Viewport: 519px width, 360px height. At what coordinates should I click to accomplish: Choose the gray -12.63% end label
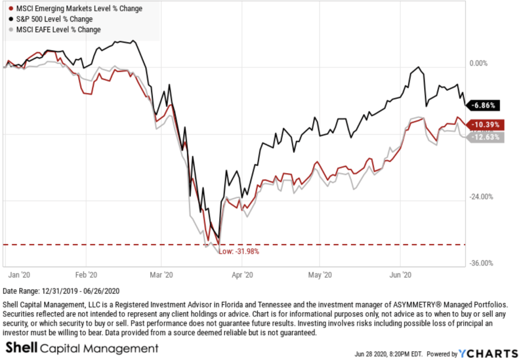487,137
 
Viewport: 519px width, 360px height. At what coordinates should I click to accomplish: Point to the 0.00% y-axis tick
478,64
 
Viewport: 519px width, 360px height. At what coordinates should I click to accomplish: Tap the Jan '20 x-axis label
21,275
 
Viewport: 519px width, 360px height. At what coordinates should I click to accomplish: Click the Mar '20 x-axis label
162,275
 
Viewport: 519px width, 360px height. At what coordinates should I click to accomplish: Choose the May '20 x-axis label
320,275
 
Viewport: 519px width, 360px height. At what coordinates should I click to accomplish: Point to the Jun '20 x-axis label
400,275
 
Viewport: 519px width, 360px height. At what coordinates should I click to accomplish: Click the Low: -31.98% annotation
239,251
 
